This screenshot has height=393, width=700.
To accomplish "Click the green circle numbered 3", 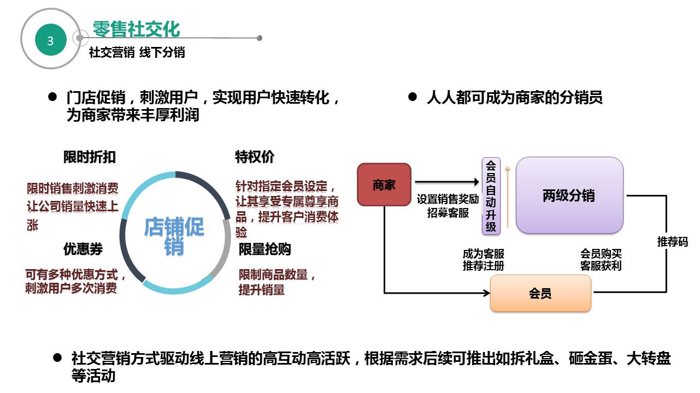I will pos(50,41).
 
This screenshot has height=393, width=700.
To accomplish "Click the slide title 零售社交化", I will pos(136,29).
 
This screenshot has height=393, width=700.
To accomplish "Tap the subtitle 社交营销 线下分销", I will pos(137,52).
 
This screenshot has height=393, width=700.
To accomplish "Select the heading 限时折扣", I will pos(89,157).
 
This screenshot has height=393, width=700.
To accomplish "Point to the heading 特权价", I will pos(254,157).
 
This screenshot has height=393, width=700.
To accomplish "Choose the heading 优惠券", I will pos(83,249).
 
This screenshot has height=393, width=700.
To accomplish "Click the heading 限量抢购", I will pos(264,249).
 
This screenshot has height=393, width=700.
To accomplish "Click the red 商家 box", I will pos(384,184).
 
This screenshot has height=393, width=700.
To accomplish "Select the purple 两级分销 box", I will pos(569,195).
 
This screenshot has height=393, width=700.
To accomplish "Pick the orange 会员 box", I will pos(540,293).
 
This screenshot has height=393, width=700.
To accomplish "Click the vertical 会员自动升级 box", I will pos(491,195).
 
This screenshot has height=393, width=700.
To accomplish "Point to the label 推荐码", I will pos(672,241).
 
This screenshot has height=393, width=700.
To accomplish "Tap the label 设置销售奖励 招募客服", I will pos(448,206).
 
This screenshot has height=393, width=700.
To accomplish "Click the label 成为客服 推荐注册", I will pos(483,260).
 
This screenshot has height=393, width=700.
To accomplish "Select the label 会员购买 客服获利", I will pos(601,260).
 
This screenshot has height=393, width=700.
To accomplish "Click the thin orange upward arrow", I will pos(508,196).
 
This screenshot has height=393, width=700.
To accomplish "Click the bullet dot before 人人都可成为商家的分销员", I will pos(413,97).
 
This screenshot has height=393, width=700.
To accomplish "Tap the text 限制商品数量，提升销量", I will pos(277,282).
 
